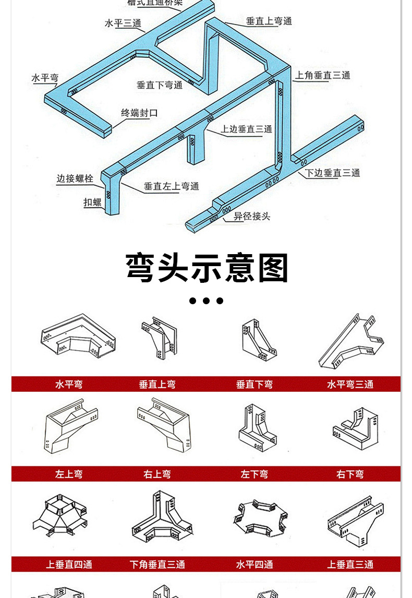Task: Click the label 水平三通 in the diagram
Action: coord(123,23)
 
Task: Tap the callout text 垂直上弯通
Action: coord(269,21)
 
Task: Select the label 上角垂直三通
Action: coord(323,75)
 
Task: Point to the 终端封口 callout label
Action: coord(139,113)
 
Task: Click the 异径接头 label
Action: coord(252,216)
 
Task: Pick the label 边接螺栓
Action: coord(75,179)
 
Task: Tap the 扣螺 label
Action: coord(93,202)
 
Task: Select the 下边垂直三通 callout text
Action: coord(333,173)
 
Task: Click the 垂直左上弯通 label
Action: coord(172,186)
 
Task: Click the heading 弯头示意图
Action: coord(207,268)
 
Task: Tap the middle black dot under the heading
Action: coord(207,301)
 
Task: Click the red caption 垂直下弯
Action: coord(254,385)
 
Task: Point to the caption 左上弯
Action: coord(69,474)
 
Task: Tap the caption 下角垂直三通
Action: coord(157,565)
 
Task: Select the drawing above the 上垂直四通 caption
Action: coord(59,517)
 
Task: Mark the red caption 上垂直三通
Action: coord(350,565)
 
